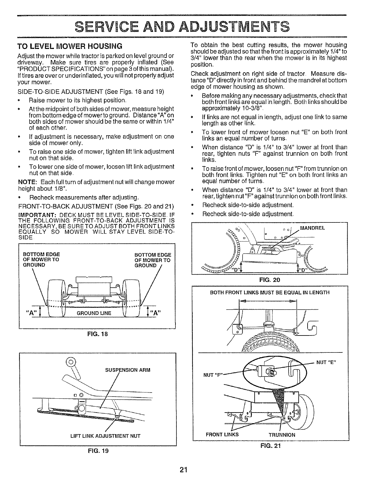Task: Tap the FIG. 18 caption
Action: (x=97, y=334)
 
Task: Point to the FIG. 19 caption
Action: (x=97, y=451)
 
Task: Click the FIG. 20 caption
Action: (x=269, y=280)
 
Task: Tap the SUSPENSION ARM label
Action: (x=127, y=370)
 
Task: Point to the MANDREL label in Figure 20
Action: (x=312, y=228)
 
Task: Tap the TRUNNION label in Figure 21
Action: (x=282, y=435)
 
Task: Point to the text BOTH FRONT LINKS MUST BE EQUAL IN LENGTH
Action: (x=270, y=292)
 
